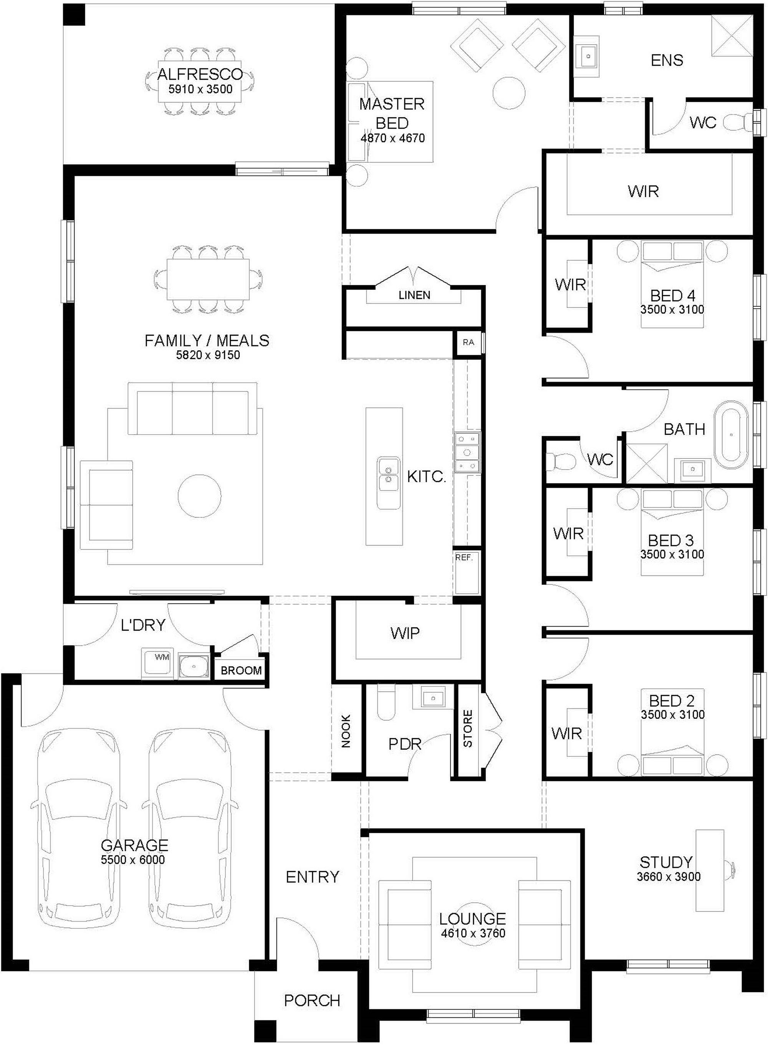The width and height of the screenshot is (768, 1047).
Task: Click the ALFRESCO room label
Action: point(200,74)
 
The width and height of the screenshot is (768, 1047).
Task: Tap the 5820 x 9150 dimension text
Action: point(207,356)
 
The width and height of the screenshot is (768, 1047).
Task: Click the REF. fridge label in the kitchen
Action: point(463,557)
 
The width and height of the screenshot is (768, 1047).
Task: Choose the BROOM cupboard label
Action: point(241,671)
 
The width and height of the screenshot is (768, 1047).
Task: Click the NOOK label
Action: point(346,731)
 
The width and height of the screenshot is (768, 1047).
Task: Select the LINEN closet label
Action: point(414,295)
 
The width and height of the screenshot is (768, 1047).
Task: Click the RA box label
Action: point(468,342)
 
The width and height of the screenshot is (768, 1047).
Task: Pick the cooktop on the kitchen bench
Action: point(467,452)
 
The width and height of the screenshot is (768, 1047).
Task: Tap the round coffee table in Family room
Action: point(199,495)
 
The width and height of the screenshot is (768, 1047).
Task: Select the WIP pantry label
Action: point(405,633)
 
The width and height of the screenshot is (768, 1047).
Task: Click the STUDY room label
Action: point(666,862)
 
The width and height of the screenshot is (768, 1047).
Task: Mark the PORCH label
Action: point(312,1000)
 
